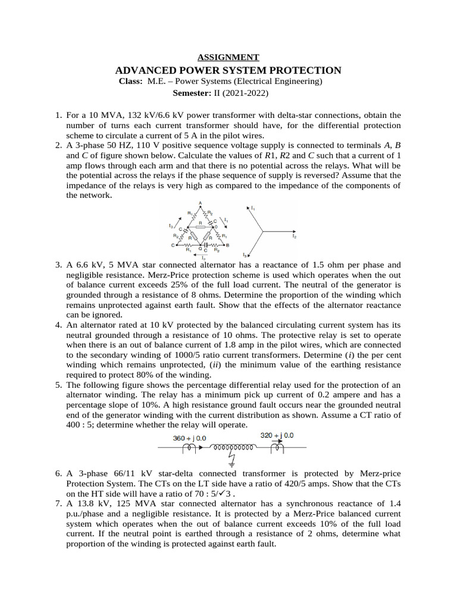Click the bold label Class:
(x=131, y=81)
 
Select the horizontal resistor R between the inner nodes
(x=200, y=227)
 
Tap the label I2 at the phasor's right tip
(x=294, y=236)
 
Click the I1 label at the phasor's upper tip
(x=253, y=207)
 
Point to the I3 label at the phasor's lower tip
(x=245, y=255)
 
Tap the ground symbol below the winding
(x=231, y=461)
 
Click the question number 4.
(x=59, y=325)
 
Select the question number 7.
(x=59, y=503)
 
